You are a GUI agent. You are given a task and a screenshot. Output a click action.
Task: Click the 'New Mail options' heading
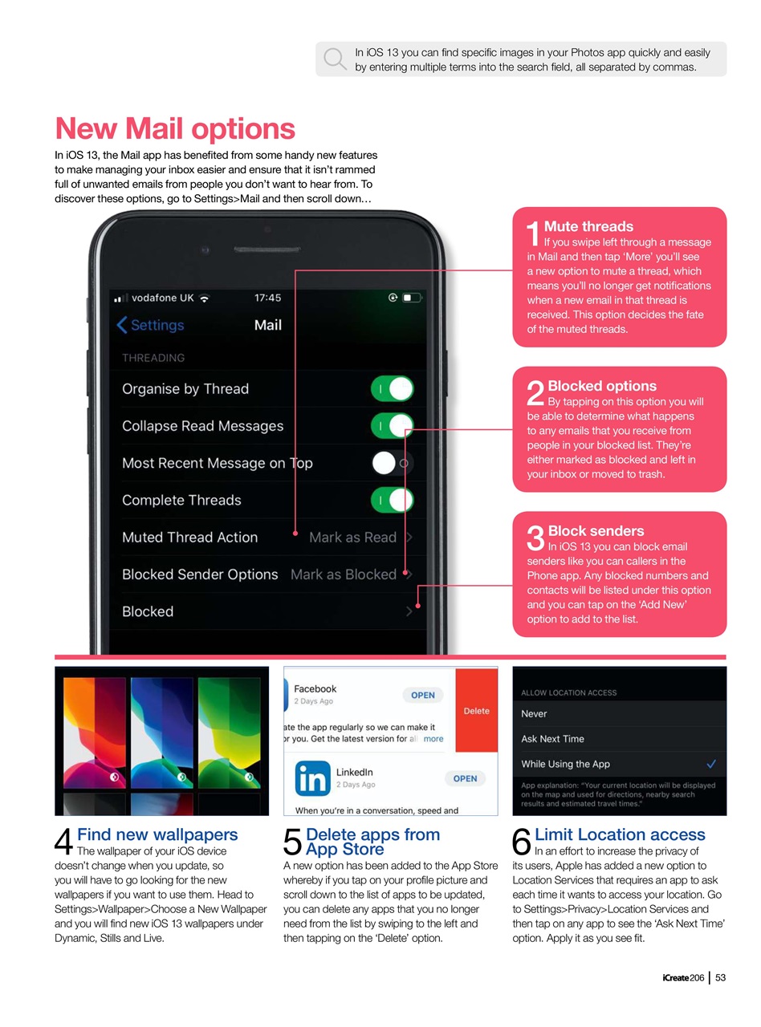(175, 128)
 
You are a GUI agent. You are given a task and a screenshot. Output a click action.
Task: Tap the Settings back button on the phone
(150, 325)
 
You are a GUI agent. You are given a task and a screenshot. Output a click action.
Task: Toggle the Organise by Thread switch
(392, 389)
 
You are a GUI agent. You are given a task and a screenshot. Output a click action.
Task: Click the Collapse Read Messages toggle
(392, 426)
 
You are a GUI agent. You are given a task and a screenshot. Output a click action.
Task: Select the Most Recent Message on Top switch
(392, 463)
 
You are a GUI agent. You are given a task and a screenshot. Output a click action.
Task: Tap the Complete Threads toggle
(392, 500)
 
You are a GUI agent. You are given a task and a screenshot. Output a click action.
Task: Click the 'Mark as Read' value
(352, 538)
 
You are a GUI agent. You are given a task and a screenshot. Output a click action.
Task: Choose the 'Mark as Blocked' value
(343, 574)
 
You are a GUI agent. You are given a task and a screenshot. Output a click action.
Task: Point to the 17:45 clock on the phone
(267, 298)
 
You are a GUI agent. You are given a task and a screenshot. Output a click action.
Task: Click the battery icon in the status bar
(412, 298)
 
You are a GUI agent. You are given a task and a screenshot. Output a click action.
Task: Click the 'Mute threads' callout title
(588, 226)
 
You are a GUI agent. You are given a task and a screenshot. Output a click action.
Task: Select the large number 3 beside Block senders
(535, 538)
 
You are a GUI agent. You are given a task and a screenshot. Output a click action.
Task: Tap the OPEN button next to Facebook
(423, 696)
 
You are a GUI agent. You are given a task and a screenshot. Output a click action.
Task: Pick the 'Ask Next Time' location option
(552, 739)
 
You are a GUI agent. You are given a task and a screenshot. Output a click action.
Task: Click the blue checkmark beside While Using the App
(710, 763)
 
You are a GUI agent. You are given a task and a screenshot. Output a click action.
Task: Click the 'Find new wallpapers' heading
(157, 834)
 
